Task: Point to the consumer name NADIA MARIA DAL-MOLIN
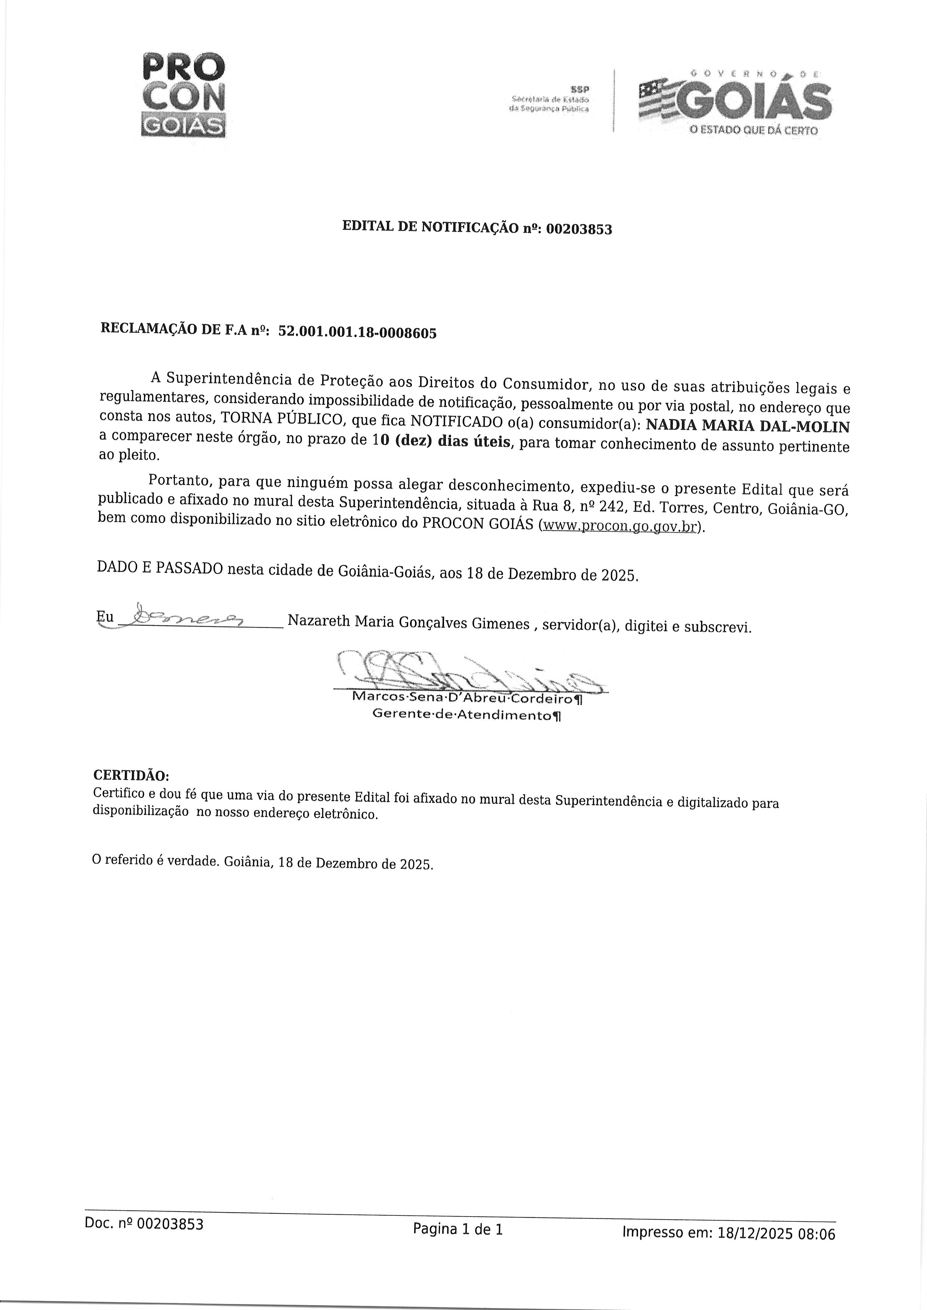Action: [x=747, y=427]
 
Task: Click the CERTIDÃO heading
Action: [x=131, y=776]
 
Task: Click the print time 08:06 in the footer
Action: [x=816, y=1250]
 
